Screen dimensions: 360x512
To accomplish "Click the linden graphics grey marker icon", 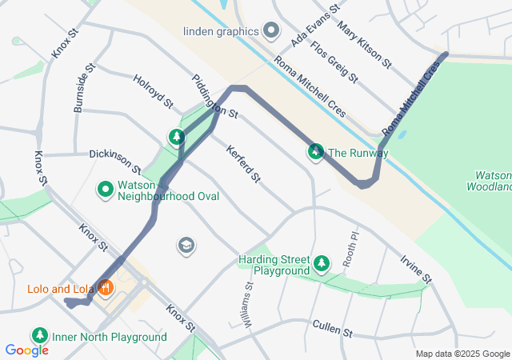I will (x=271, y=31).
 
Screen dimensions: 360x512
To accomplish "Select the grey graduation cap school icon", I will (x=186, y=244).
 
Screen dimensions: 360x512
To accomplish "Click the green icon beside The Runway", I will (x=316, y=152).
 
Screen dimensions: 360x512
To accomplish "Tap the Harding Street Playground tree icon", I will (x=322, y=262).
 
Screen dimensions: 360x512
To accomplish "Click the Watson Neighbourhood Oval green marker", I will (x=105, y=190).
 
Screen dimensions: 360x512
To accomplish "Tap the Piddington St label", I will (x=215, y=98).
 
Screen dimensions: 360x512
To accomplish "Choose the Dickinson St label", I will (x=115, y=161).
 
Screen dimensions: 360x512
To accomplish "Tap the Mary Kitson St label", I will (x=364, y=44).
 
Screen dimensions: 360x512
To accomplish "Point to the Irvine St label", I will (x=417, y=267).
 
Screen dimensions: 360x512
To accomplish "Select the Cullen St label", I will (x=332, y=329).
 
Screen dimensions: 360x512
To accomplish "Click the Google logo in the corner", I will (x=26, y=350).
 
